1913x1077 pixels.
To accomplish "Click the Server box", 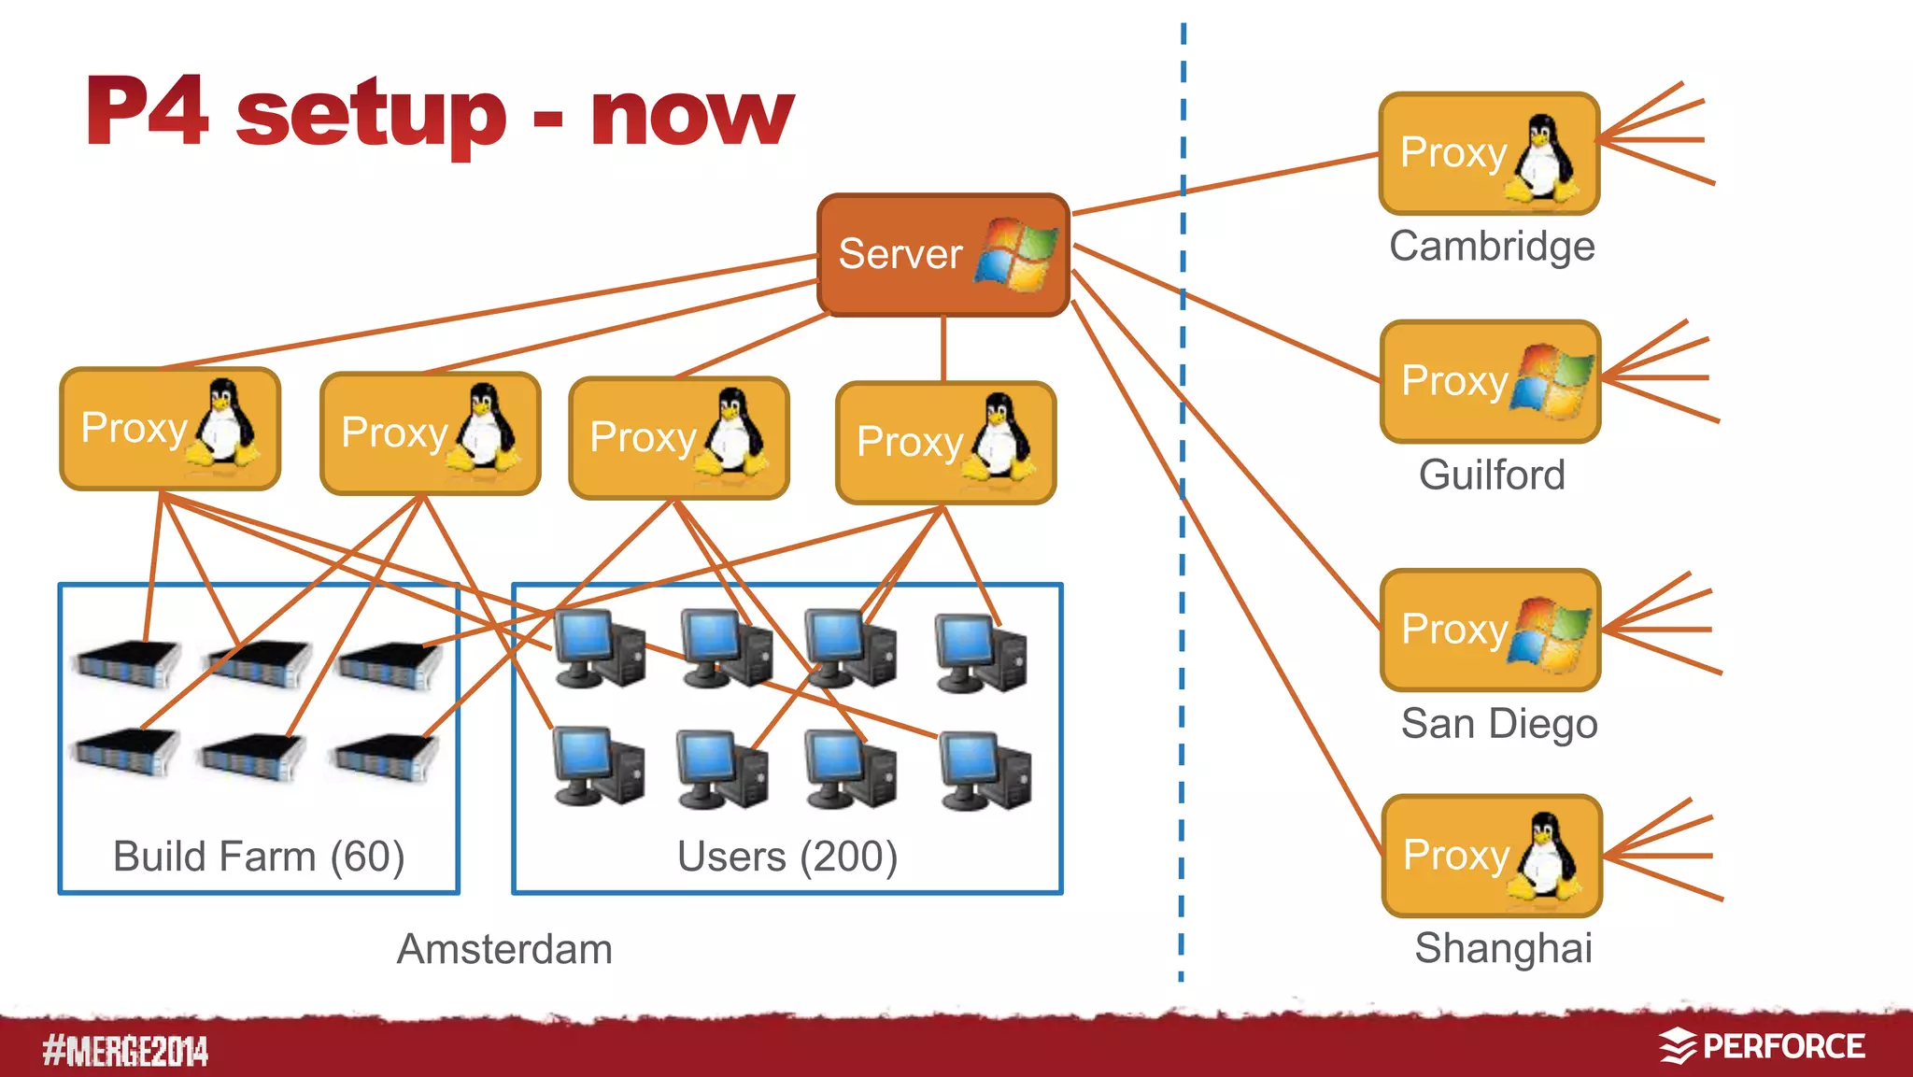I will (942, 254).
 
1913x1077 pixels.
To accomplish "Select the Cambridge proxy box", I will (1489, 153).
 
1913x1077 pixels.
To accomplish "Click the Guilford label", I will (1491, 475).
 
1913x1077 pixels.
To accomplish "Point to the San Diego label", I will (1498, 724).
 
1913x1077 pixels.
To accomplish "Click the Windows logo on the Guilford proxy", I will (1552, 381).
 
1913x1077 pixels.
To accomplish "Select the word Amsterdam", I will (504, 949).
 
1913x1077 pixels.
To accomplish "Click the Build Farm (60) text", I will (259, 856).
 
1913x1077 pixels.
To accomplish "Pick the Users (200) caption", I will (786, 856).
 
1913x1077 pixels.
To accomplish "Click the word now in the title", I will (691, 114).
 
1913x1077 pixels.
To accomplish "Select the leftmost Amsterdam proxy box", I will (170, 429).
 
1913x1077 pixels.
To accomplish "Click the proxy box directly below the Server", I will (945, 443).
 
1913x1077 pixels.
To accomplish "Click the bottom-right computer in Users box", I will (985, 771).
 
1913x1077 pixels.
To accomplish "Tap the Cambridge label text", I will (1491, 247).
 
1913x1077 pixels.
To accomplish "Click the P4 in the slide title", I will (147, 112).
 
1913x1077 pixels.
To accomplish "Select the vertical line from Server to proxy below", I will (943, 348).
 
